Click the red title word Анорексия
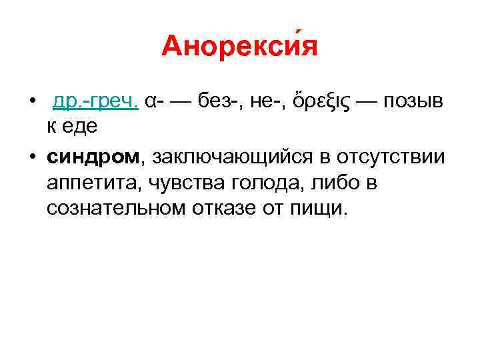point(239,47)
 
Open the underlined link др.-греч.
point(95,101)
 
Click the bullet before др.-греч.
point(31,102)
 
